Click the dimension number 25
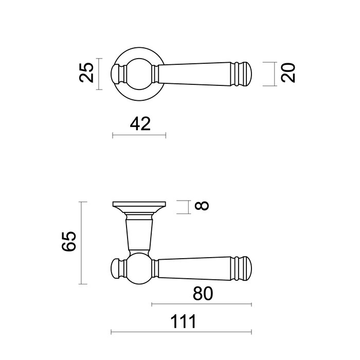pos(88,73)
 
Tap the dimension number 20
pos(289,73)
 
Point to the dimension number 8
pos(202,206)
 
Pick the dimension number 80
pos(203,294)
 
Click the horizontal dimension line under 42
pos(139,136)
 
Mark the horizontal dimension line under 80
pos(202,305)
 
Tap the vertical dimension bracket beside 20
pos(271,73)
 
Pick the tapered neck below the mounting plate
pos(139,234)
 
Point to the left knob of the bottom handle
pos(118,268)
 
